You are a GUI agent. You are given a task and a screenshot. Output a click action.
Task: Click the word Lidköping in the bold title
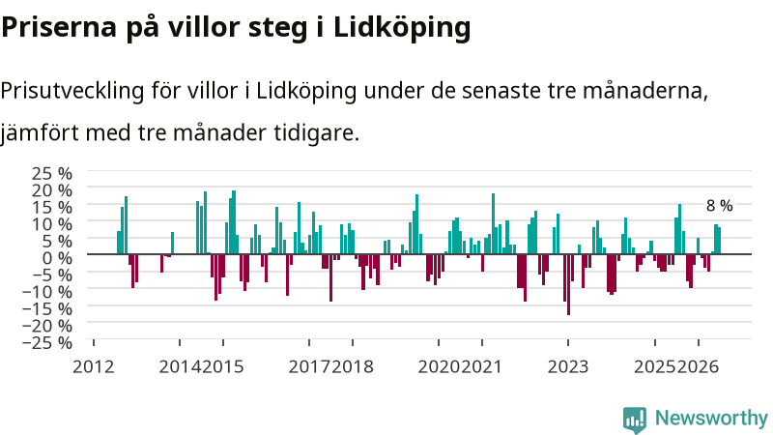[402, 28]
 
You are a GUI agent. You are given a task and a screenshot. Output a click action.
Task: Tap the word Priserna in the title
[59, 28]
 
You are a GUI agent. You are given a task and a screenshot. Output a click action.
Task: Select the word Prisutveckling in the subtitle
[72, 91]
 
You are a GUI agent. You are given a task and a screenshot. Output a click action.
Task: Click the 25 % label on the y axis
[52, 173]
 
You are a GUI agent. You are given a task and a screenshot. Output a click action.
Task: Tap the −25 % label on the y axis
[47, 342]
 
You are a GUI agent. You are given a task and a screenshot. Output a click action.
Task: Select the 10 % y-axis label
[52, 224]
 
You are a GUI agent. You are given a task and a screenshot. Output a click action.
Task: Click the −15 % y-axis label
[47, 308]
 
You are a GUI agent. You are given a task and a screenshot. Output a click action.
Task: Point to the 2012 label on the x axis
[93, 367]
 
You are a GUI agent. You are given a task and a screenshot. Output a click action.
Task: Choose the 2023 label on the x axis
[568, 367]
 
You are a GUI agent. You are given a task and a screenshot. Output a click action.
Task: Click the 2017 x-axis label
[309, 367]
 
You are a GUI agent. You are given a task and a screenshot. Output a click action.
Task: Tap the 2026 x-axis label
[698, 367]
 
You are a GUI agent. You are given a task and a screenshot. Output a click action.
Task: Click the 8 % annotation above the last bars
[719, 206]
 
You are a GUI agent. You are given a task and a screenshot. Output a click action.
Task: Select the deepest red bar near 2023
[568, 284]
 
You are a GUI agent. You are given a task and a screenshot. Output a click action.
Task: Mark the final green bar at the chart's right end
[719, 241]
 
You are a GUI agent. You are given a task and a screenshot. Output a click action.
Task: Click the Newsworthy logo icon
[635, 420]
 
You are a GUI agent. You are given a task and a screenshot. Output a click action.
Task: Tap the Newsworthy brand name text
[711, 418]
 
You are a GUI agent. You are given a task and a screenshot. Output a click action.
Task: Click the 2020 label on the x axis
[439, 367]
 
